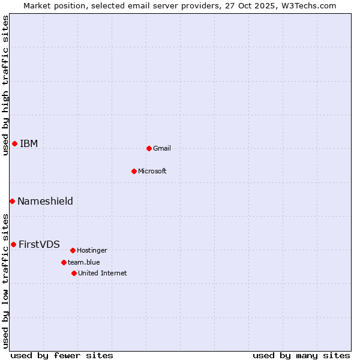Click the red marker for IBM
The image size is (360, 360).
click(14, 143)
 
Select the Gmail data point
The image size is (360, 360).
click(149, 148)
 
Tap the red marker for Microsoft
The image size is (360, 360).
click(134, 171)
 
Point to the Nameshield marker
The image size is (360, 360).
click(12, 201)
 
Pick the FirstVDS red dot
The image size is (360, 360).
click(13, 244)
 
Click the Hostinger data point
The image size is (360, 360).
click(73, 250)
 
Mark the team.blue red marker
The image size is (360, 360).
click(64, 262)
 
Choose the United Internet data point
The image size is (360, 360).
click(74, 273)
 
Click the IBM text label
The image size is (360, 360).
click(29, 143)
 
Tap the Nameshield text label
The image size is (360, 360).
click(45, 201)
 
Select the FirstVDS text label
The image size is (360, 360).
click(39, 244)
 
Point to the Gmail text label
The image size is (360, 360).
click(162, 148)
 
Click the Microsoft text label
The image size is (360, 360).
click(152, 171)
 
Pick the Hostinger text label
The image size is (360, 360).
click(92, 250)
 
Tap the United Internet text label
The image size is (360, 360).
click(103, 273)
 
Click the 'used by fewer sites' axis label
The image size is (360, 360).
click(62, 355)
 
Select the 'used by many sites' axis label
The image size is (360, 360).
click(301, 355)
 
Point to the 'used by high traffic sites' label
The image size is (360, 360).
click(5, 85)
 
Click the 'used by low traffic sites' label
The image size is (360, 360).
click(5, 281)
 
